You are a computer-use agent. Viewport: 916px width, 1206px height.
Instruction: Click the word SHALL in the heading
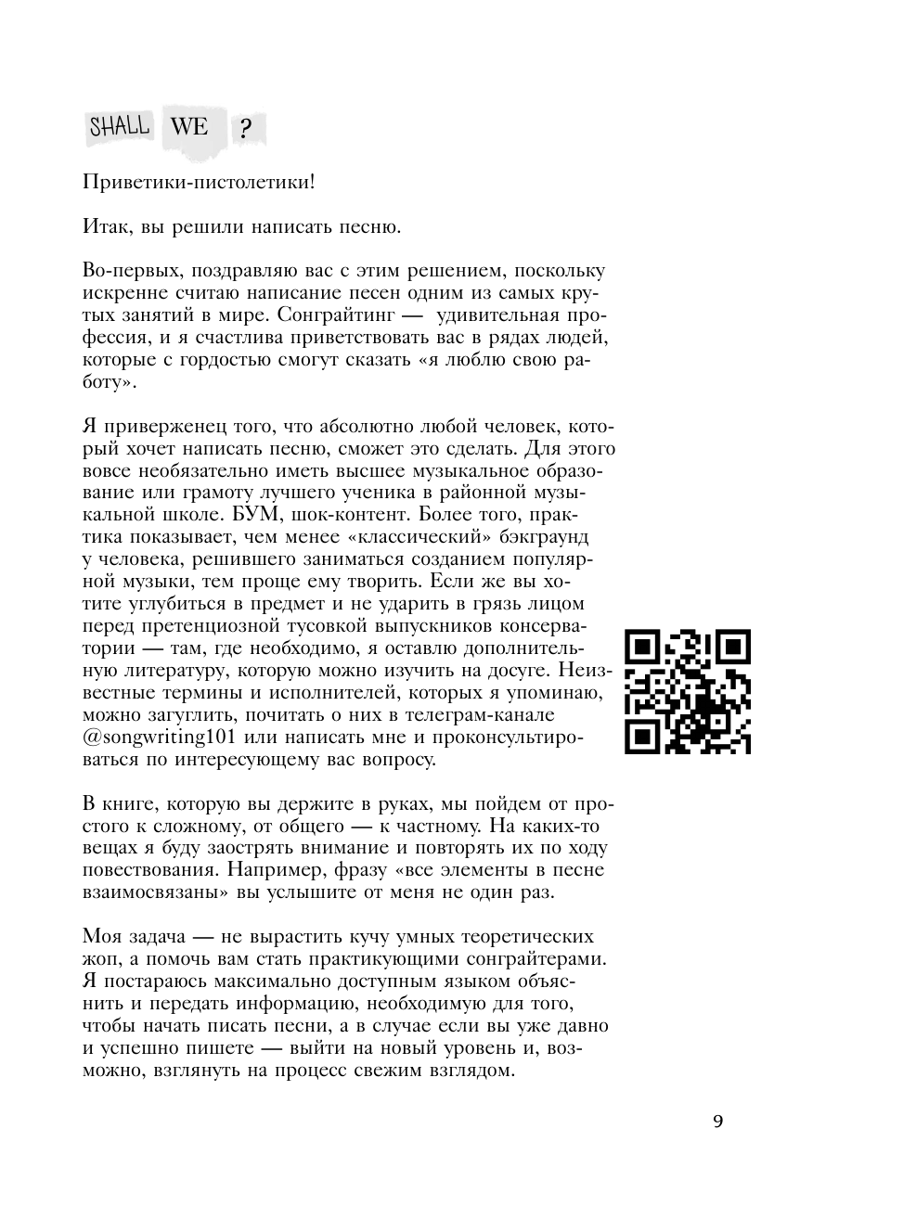(x=119, y=126)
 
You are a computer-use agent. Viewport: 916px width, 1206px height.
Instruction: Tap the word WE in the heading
(x=189, y=126)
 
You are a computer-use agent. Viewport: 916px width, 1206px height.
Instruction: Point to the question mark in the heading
(x=244, y=130)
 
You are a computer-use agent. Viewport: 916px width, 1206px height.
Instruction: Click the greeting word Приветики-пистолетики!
(x=199, y=182)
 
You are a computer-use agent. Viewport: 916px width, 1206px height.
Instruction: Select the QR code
(x=688, y=691)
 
